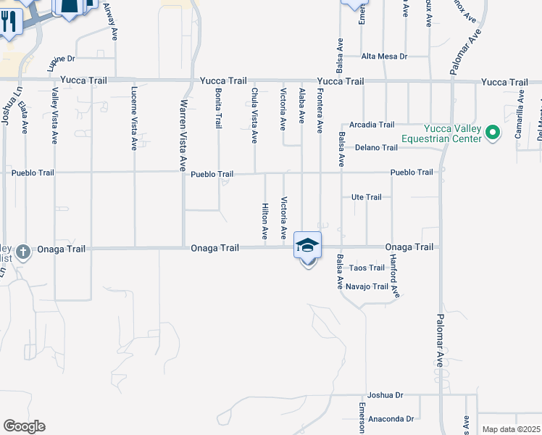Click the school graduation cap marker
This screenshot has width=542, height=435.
(x=307, y=246)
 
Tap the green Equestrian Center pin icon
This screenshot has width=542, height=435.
(x=493, y=132)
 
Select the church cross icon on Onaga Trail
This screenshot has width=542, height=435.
(x=23, y=252)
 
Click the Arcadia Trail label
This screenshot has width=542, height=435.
(x=372, y=125)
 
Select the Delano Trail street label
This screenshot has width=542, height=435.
(x=376, y=148)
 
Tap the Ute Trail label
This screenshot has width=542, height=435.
(x=366, y=197)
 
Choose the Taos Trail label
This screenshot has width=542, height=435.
(x=367, y=268)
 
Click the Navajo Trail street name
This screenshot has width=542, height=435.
(x=367, y=286)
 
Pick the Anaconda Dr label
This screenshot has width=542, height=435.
(x=390, y=419)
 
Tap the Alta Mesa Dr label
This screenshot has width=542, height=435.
(x=385, y=57)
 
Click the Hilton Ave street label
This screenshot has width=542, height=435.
(x=265, y=222)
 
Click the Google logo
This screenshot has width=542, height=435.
(x=24, y=426)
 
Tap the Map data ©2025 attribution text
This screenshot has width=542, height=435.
(x=511, y=429)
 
